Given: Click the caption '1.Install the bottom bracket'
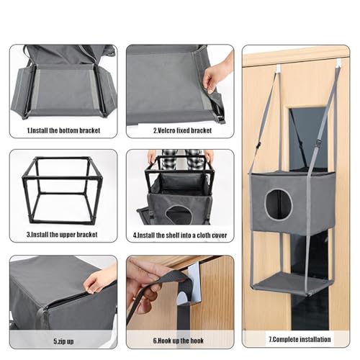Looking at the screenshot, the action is coord(63,130).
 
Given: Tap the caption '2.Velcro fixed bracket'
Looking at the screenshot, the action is coord(182,130).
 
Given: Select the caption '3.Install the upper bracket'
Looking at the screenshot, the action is coord(62,235).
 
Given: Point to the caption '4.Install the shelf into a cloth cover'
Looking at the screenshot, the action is coord(180,235).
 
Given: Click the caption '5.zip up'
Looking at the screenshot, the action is coord(63,341).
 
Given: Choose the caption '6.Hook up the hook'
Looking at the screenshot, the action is coord(179,341).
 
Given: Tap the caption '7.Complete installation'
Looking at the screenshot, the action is coord(300,339).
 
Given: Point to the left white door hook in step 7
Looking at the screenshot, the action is coord(279,68).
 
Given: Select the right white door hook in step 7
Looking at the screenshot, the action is coord(338,63).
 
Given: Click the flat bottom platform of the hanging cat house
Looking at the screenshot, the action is coord(292,284).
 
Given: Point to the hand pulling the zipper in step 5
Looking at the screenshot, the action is coord(99,279).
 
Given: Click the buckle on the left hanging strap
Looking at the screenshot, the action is coord(258,146).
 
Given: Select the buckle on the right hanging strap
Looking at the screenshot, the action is coord(319,143).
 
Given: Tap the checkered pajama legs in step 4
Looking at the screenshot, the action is coord(182,160).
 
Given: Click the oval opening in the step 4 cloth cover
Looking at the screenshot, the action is coord(179,215).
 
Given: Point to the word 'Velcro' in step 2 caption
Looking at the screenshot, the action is coord(166,130).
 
